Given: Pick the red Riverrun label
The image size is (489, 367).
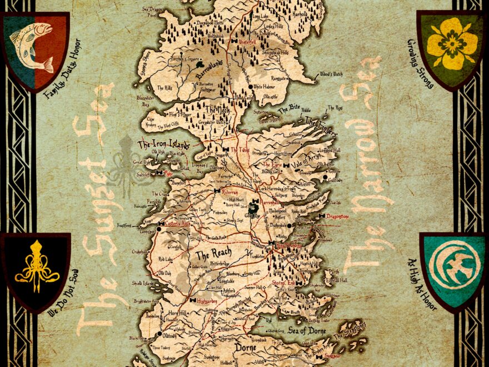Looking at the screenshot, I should click(x=229, y=191).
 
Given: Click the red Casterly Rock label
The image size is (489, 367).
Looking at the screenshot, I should click(x=178, y=223).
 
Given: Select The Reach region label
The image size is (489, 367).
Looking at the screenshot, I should click(x=213, y=256).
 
